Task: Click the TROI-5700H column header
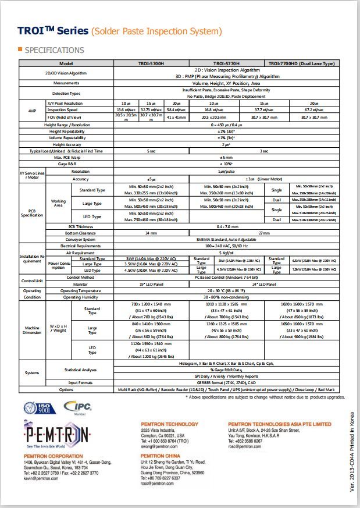pos(150,63)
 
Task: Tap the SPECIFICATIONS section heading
pos(54,50)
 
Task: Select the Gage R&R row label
pos(66,164)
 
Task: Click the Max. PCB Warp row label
pos(66,157)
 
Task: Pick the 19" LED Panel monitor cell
pos(150,283)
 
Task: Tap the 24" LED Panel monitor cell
pos(263,283)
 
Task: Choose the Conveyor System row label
pos(81,239)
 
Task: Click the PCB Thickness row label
pos(81,226)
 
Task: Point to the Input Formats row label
pos(81,382)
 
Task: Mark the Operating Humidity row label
pos(81,297)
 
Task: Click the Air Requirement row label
pos(81,253)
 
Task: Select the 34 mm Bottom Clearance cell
pos(150,233)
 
